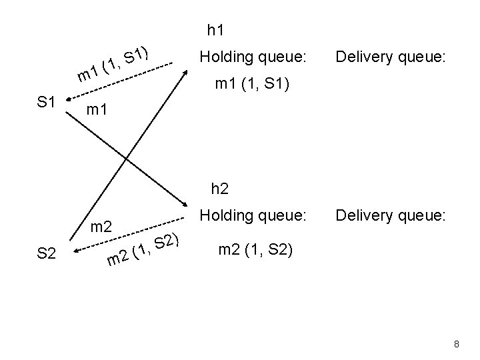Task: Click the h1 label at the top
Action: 215,29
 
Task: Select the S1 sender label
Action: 45,102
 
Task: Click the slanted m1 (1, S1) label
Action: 116,63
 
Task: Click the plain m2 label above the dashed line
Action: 100,226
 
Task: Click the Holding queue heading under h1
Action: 253,58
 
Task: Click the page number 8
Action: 456,344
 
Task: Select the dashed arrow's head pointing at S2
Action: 75,251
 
